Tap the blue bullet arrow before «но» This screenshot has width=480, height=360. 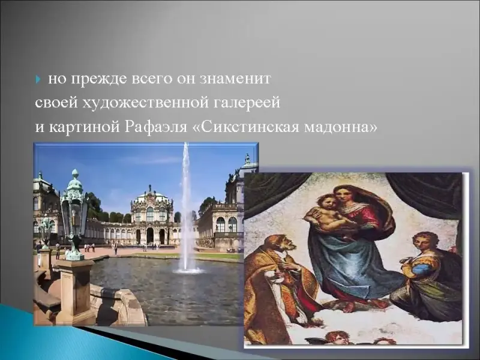tap(38, 80)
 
